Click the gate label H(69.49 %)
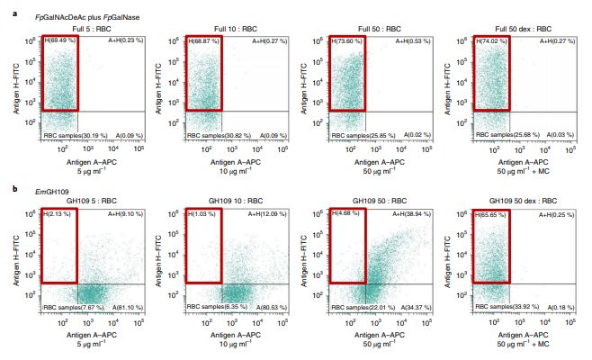point(61,41)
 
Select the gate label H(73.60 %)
point(349,41)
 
